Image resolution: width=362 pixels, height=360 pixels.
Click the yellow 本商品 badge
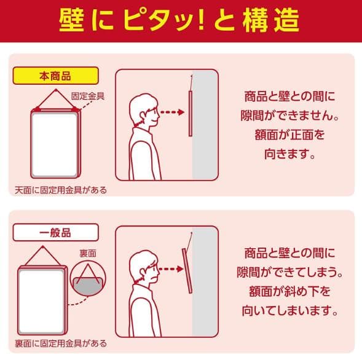click(56, 76)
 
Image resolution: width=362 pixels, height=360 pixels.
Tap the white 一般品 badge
click(56, 232)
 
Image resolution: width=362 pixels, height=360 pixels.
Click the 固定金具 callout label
click(88, 96)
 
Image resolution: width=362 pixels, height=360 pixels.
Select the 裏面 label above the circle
click(88, 253)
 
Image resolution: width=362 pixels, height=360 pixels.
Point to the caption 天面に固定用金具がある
click(61, 190)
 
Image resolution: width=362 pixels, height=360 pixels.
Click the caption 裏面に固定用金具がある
click(61, 343)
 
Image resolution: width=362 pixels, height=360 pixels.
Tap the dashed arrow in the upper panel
click(172, 112)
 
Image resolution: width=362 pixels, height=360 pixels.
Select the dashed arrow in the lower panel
click(171, 269)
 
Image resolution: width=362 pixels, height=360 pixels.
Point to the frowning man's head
click(144, 267)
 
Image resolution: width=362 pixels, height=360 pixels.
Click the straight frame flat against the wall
click(191, 114)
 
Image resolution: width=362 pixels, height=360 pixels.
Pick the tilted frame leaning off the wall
click(187, 271)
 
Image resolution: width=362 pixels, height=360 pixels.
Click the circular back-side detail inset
click(88, 279)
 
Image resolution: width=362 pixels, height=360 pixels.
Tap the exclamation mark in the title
click(201, 20)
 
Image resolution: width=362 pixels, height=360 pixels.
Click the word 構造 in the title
click(271, 20)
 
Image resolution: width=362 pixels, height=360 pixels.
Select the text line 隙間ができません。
click(289, 115)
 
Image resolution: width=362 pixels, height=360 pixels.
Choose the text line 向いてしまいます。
click(289, 310)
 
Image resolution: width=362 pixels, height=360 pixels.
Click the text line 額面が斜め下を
click(289, 291)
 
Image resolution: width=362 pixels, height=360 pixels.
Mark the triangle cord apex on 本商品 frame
click(56, 89)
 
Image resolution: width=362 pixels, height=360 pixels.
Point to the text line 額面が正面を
click(289, 135)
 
